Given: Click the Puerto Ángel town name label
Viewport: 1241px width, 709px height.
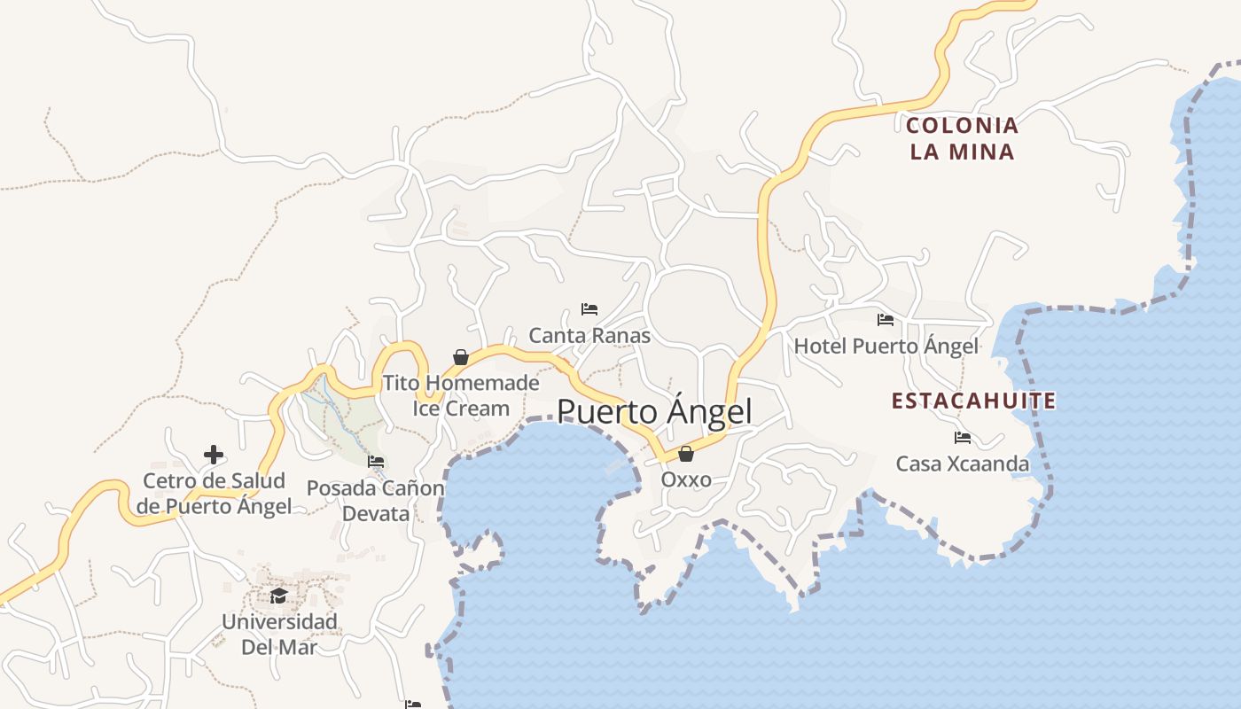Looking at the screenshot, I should (654, 412).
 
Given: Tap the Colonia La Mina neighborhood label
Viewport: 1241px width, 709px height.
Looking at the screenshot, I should (963, 138).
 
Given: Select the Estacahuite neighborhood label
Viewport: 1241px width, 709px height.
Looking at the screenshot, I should (973, 401).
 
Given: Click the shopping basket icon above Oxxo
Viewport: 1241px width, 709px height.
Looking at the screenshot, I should (686, 455).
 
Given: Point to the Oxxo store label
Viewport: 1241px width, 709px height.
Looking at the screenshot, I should (686, 479).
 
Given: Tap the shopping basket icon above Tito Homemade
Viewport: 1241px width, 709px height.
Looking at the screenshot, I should (461, 357).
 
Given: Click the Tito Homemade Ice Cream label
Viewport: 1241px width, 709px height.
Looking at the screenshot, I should (461, 395).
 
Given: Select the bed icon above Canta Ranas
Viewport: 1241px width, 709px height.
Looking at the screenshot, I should (589, 309).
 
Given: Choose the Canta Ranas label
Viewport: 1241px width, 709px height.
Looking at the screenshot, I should (589, 336).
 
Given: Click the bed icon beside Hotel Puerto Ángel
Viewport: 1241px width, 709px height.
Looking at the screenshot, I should (886, 320).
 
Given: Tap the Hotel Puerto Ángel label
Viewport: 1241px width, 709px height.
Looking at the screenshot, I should (886, 346).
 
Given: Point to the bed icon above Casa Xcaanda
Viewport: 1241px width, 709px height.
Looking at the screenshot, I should (963, 438).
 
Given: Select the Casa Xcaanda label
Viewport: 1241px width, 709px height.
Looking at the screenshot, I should (963, 464).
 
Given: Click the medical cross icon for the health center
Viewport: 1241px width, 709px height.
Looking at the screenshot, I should (214, 455).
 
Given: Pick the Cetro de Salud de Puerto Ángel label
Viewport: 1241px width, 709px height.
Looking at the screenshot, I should (214, 494).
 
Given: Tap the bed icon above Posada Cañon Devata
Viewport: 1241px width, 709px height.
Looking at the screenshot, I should (376, 462).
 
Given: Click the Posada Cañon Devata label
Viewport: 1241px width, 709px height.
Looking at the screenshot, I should (376, 501).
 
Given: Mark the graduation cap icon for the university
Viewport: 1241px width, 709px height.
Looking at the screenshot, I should (279, 596).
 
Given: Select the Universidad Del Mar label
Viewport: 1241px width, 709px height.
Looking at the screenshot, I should (279, 634).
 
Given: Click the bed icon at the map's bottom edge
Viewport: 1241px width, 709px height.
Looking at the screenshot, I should (413, 705).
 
